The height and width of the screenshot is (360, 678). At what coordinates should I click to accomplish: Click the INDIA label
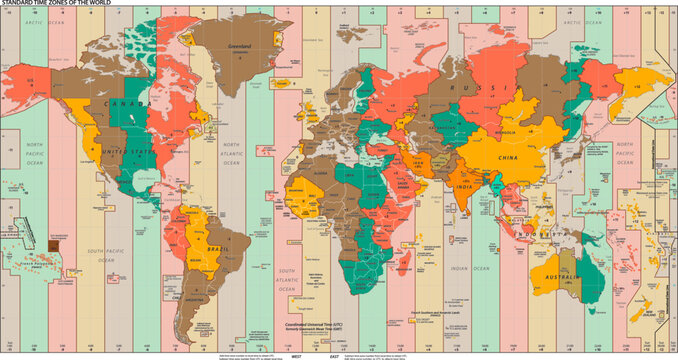tap(465, 187)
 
